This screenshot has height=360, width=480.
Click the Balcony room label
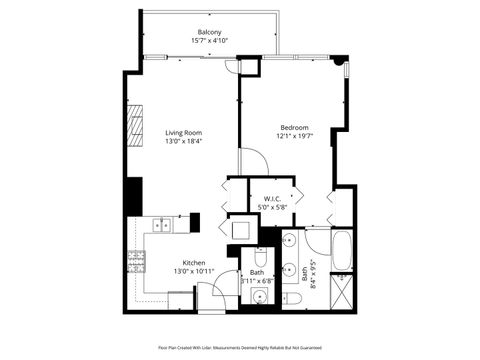tap(210, 32)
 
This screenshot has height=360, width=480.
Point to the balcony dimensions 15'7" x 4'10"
tap(210, 41)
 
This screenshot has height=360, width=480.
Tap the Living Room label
tap(184, 133)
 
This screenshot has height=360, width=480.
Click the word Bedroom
tap(294, 127)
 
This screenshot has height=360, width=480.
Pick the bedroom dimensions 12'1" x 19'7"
tap(294, 136)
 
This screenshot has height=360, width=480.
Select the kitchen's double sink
tap(162, 225)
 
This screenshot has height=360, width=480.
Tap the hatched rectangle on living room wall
tap(134, 124)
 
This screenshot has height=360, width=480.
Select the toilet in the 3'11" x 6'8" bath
tap(259, 259)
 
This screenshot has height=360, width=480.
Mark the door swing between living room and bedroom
tap(248, 165)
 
